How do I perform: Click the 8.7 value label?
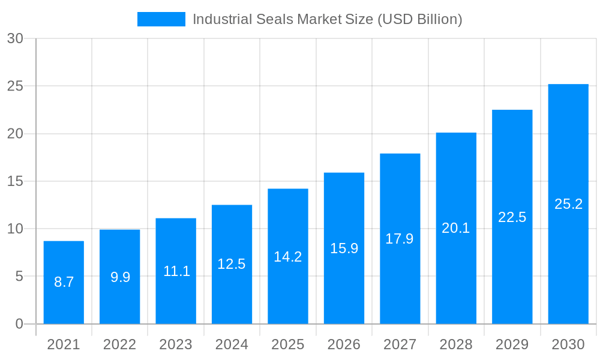64,282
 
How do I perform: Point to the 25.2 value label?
568,204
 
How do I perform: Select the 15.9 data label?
344,248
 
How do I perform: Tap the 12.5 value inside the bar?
232,264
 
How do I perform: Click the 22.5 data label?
512,217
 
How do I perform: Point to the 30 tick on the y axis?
15,38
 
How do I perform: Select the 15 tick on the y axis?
15,181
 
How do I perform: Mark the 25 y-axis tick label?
15,86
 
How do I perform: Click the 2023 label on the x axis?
176,344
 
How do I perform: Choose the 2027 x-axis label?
400,344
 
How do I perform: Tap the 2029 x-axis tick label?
512,344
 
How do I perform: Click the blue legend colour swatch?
161,19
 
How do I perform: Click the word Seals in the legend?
274,19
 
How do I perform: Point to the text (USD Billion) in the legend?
419,19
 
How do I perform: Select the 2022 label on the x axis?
119,344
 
